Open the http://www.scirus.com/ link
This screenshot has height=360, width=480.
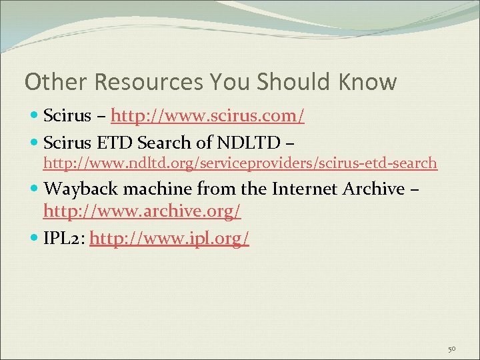tap(208, 117)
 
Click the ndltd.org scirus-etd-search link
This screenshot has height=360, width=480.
tap(240, 162)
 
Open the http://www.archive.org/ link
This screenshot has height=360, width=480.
tap(142, 212)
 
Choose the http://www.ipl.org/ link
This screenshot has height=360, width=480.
tap(169, 238)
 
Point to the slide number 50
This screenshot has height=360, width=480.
tap(451, 348)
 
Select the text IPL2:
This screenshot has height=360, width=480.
tap(64, 238)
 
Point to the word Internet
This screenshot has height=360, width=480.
tap(304, 189)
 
